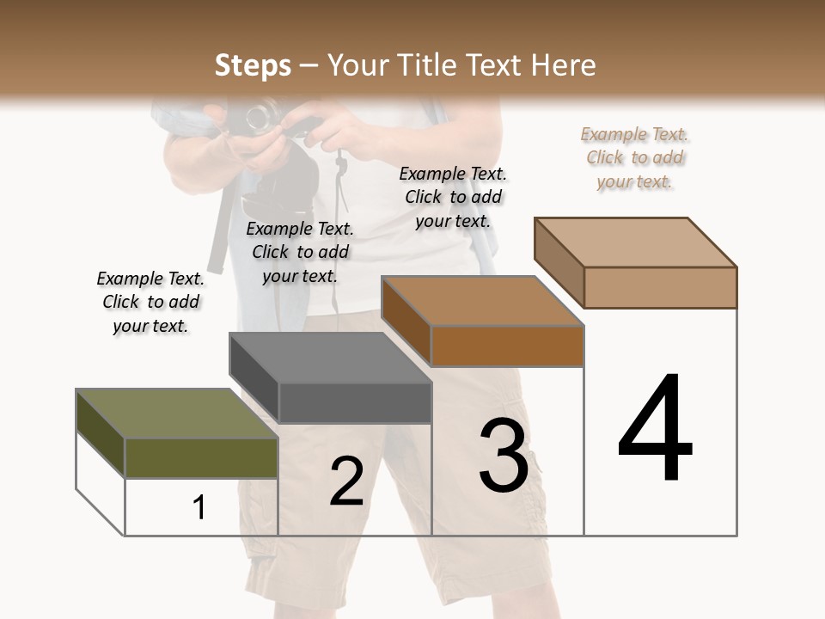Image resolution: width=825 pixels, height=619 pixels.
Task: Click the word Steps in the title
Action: (x=253, y=65)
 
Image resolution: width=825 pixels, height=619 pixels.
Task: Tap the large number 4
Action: (x=655, y=429)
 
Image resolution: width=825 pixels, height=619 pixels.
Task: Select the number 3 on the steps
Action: (x=504, y=456)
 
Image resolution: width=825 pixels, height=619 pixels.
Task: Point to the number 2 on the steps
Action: (x=346, y=481)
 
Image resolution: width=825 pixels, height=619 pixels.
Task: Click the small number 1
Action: (x=199, y=508)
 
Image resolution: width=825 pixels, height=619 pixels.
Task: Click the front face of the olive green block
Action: (x=202, y=458)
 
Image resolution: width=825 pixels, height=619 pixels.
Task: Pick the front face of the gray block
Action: (x=355, y=403)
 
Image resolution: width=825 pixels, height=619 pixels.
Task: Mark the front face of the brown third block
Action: (x=507, y=346)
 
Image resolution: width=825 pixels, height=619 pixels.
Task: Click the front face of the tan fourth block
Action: (x=660, y=287)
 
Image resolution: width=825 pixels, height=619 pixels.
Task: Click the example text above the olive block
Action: (x=150, y=303)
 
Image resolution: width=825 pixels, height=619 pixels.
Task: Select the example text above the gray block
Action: (x=300, y=252)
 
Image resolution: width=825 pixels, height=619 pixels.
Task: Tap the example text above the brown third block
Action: (x=453, y=197)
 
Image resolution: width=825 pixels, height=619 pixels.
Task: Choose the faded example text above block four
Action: (x=635, y=157)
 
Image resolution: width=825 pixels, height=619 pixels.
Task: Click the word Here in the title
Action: (x=565, y=65)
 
